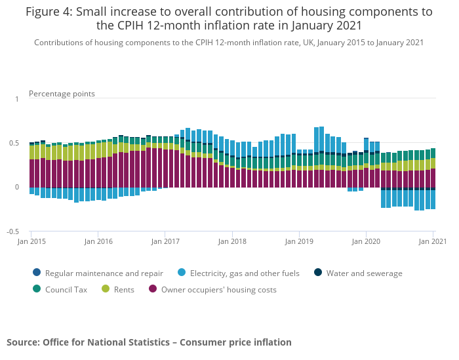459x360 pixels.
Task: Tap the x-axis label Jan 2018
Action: [232, 241]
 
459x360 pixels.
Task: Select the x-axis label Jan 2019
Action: [299, 241]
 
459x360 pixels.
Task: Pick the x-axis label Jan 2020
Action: [366, 241]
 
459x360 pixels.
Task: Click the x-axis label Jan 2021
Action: [433, 241]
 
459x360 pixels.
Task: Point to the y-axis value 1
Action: [17, 99]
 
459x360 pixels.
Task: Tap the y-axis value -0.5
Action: [12, 231]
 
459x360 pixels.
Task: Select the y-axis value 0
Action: [17, 188]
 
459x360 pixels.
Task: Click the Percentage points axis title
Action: [62, 94]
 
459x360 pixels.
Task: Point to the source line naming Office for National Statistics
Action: [149, 342]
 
